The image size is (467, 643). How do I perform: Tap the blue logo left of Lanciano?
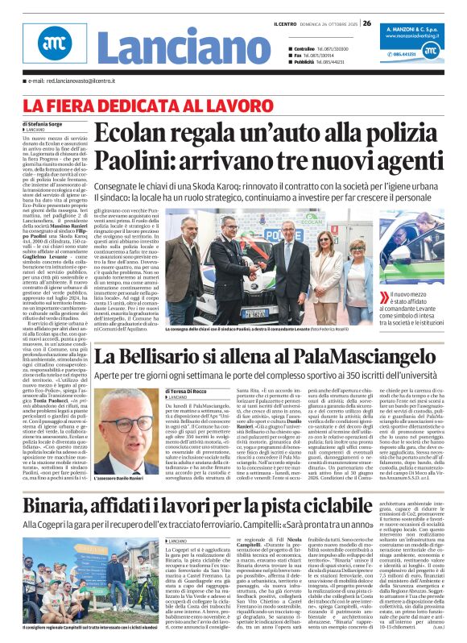point(53,47)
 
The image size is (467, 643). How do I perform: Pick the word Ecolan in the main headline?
point(137,133)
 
